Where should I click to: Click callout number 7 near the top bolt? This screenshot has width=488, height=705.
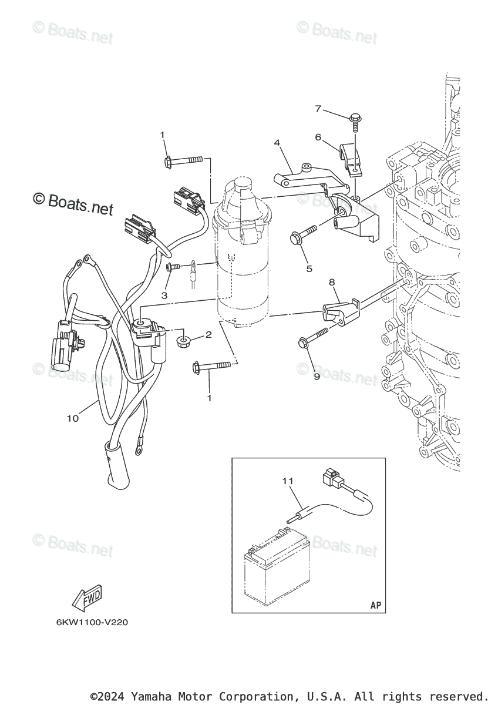point(318,109)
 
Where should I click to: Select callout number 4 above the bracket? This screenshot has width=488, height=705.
point(277,142)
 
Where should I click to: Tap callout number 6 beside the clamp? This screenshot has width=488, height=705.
point(318,137)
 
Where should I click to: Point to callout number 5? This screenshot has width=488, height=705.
point(309,269)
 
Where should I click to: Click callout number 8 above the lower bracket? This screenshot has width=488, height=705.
point(332,283)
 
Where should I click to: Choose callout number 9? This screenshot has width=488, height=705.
point(317,377)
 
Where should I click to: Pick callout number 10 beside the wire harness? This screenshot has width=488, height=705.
point(72,418)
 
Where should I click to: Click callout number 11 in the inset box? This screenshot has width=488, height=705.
point(287,481)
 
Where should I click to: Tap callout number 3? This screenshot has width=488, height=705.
point(164,295)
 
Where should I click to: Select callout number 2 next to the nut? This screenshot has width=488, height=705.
point(208,335)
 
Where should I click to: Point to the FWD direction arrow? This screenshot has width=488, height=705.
point(87,599)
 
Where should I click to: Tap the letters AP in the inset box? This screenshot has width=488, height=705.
point(376,605)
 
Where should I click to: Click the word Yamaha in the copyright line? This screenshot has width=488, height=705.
point(149,697)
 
